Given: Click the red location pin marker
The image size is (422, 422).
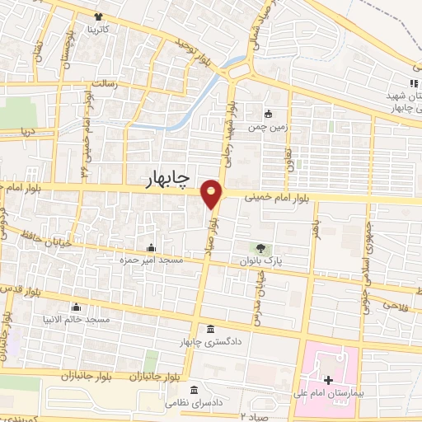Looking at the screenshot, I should pos(213,195).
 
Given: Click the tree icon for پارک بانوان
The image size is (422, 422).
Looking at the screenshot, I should pos(260,247).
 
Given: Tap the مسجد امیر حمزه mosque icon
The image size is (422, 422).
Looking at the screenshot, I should pos(150,247).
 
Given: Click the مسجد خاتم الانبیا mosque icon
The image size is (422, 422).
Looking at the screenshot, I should pos(76,306).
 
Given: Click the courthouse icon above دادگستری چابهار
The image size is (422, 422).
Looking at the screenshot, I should pos(210,329).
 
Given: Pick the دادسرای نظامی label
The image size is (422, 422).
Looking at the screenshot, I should pos(192,404).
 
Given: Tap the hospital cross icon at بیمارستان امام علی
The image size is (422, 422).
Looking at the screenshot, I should pos(329,380).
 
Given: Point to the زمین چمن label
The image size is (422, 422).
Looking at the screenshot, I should pos(268,127).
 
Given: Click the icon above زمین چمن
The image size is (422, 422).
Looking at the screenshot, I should pos(268,114).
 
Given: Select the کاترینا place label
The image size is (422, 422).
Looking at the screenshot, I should pos(99,29).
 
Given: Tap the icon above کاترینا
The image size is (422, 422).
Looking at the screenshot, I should pos(99,16).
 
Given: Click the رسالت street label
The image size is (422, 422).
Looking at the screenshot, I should pos(105,84).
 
